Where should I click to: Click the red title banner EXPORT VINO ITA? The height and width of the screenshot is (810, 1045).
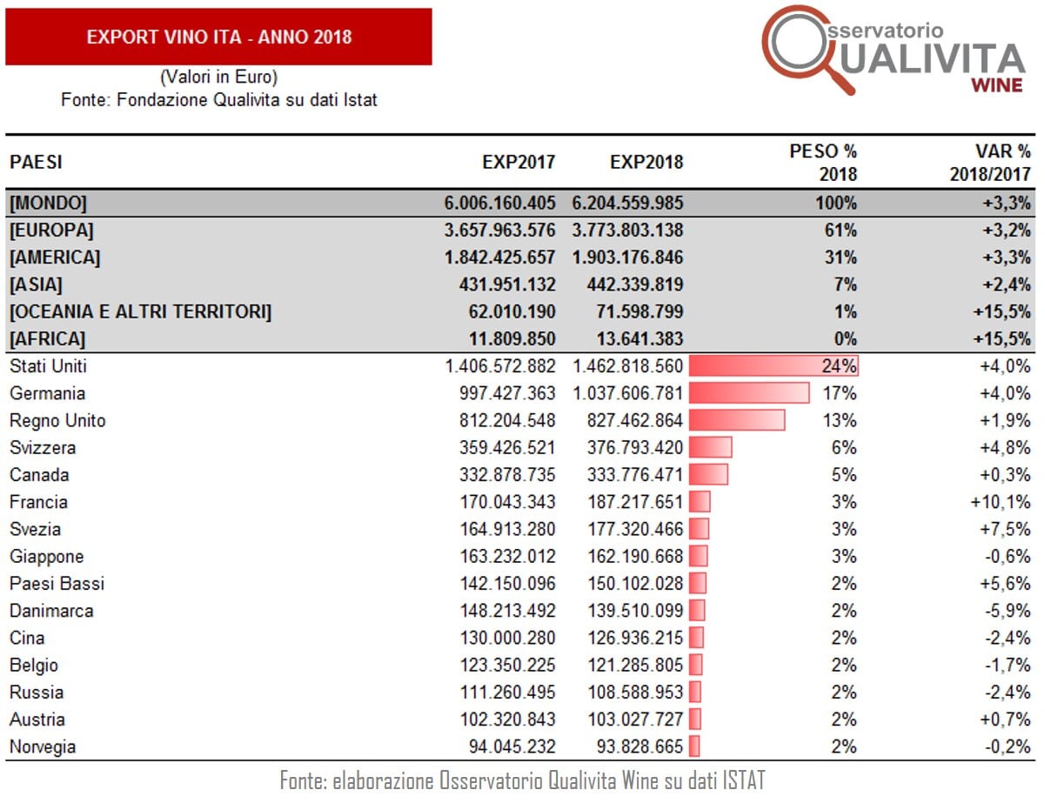click(x=218, y=37)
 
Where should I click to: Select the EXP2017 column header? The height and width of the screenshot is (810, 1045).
click(x=519, y=162)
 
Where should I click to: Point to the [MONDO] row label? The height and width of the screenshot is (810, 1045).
click(x=48, y=204)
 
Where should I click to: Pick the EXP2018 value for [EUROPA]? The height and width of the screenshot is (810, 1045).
click(x=627, y=231)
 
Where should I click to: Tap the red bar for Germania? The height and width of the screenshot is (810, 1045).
click(x=749, y=393)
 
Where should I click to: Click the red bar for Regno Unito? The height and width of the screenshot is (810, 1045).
click(x=737, y=420)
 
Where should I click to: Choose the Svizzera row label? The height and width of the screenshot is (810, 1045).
click(x=43, y=448)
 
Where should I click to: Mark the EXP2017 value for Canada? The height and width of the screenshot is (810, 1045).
click(x=508, y=475)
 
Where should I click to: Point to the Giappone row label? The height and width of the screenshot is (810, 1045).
click(x=46, y=556)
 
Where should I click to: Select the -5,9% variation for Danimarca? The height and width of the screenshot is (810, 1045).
click(x=1006, y=611)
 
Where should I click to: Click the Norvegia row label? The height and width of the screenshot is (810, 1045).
click(x=43, y=746)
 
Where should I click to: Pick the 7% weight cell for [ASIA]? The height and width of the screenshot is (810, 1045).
click(x=843, y=285)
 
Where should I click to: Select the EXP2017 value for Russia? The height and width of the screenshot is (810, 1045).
click(x=508, y=693)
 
